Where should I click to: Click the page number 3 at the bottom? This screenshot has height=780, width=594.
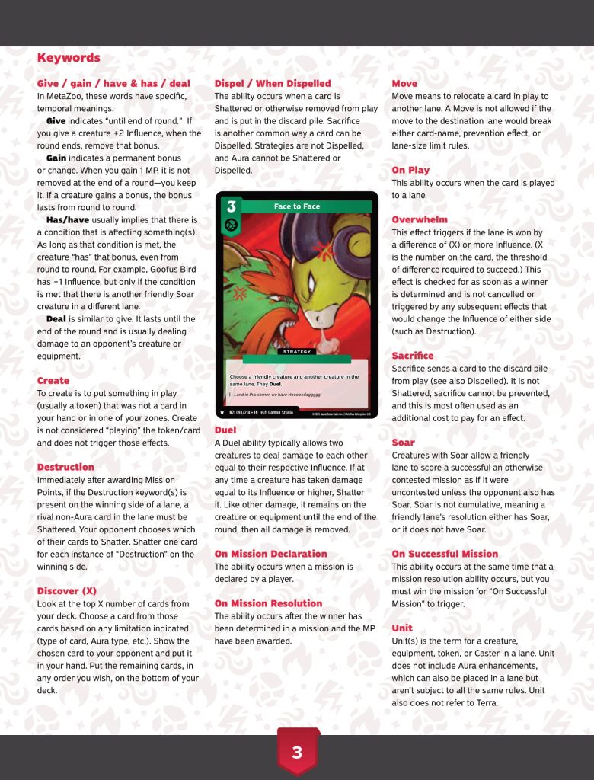point(297,753)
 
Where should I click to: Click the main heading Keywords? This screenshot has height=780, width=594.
point(69,58)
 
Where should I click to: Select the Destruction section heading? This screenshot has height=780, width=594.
point(65,467)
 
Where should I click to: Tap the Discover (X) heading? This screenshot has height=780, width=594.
point(69,590)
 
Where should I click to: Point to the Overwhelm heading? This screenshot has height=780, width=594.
point(420,219)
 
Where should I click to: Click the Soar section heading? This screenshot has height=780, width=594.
point(403,442)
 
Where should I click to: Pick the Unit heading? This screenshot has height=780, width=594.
point(402,628)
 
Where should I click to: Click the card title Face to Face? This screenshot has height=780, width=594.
point(297,206)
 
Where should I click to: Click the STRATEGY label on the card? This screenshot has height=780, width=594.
point(297,352)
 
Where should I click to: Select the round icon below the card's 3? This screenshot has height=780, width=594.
point(232,226)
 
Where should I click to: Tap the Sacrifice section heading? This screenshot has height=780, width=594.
point(412,356)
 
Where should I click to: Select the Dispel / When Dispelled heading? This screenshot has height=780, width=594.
point(273,83)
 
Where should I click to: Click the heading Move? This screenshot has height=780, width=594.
point(404,83)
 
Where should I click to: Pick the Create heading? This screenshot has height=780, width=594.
point(53,380)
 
